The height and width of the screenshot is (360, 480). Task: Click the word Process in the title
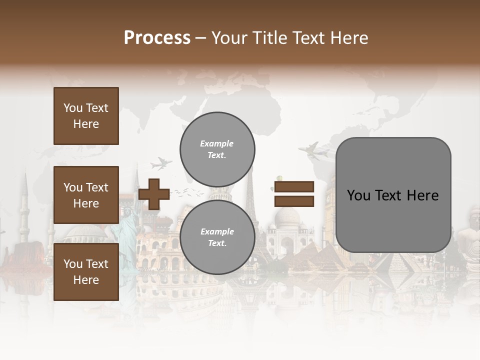(x=157, y=37)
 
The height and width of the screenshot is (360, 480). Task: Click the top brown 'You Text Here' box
(x=86, y=116)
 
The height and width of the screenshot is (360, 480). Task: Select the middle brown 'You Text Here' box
(x=86, y=195)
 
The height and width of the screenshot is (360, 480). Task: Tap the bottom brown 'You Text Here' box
(x=86, y=271)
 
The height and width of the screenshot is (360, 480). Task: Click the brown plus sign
(x=154, y=194)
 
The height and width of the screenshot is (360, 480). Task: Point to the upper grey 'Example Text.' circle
(x=217, y=149)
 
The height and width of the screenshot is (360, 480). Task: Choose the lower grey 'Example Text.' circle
(x=217, y=237)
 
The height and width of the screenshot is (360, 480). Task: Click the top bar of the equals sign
(x=294, y=186)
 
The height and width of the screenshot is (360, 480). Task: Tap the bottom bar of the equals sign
(x=294, y=201)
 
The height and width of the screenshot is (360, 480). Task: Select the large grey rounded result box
(x=393, y=195)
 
